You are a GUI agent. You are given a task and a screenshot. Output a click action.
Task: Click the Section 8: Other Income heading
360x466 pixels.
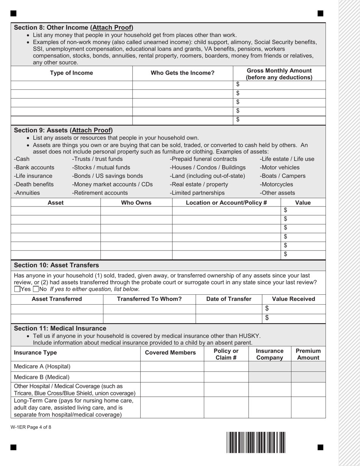click(74, 28)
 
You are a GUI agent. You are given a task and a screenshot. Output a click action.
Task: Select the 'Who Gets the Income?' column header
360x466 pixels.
click(183, 73)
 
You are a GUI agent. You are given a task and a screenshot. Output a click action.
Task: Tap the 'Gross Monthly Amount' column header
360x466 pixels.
click(279, 74)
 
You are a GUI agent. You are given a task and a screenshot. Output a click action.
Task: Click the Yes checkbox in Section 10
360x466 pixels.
click(17, 289)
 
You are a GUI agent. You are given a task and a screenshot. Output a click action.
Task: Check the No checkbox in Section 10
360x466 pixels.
click(36, 289)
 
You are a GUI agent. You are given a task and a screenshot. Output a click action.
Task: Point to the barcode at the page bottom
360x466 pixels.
click(256, 442)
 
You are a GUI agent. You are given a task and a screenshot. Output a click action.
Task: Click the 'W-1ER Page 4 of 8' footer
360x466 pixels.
click(31, 427)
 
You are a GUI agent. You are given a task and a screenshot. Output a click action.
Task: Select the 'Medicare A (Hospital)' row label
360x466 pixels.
click(42, 366)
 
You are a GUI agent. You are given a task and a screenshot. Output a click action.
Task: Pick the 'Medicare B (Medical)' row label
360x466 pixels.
click(42, 377)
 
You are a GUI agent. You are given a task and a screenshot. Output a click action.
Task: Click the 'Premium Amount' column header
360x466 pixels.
click(308, 354)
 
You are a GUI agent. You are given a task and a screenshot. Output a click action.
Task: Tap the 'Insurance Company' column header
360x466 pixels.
click(269, 354)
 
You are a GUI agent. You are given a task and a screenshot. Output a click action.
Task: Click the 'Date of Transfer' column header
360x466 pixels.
click(229, 299)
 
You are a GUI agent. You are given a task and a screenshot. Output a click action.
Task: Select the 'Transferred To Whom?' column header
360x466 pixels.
click(149, 299)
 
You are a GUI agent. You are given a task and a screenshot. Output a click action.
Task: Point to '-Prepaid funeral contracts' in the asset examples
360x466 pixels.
click(203, 159)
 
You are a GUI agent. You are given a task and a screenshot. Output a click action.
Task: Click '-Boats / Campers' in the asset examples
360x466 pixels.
click(282, 176)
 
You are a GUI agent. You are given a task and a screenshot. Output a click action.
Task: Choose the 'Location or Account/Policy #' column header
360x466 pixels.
click(226, 203)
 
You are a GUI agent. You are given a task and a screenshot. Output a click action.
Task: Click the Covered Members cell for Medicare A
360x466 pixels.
click(172, 366)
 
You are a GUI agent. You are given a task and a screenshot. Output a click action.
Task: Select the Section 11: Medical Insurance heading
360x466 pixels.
click(60, 328)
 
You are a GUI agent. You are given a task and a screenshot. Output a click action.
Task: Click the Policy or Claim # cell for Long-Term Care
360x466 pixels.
click(226, 407)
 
